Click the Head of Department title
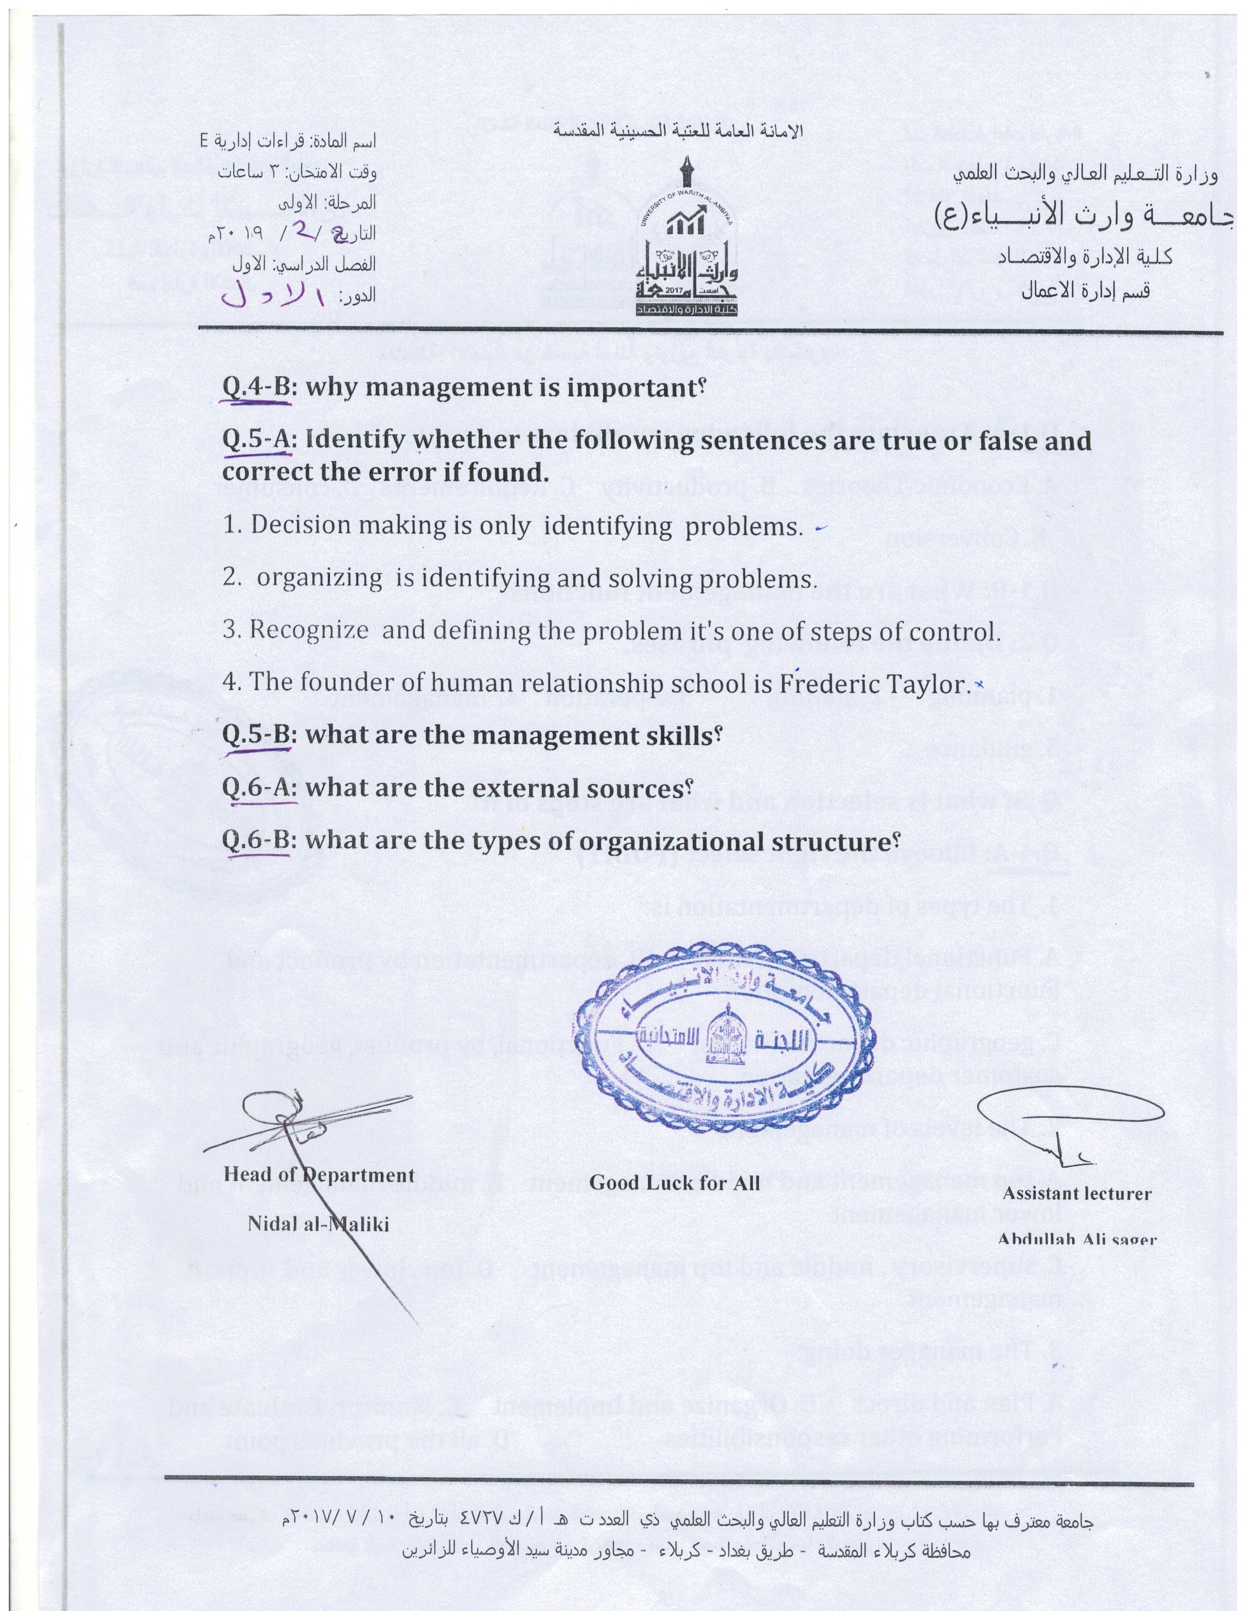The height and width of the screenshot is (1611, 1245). tap(319, 1174)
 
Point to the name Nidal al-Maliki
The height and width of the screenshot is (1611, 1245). tap(318, 1224)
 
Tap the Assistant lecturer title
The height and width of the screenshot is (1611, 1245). tap(1078, 1194)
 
